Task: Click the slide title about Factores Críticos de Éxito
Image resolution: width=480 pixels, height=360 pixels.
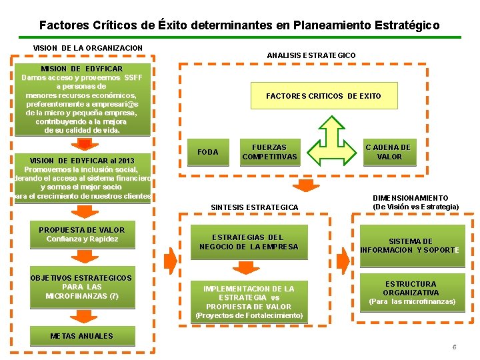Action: pos(239,25)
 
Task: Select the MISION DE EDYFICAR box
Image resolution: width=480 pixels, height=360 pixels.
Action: pos(82,100)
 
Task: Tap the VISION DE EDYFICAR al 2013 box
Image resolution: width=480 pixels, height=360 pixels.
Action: pos(82,179)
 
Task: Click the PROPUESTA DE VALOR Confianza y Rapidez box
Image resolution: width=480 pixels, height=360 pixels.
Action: pos(82,235)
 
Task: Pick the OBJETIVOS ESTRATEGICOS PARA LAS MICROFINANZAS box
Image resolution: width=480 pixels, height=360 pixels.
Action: pos(82,288)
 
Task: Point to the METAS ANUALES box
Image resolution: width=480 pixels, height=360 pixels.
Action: pos(82,336)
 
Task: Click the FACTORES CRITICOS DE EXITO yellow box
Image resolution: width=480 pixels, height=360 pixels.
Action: pos(323,96)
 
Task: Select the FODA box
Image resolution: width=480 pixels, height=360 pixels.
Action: pos(208,153)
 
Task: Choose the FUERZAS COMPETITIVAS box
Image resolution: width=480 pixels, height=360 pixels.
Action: pos(269,152)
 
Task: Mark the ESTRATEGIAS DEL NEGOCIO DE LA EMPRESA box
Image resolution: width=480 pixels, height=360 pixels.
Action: pos(249,242)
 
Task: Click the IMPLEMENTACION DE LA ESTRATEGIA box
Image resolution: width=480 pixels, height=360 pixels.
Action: pos(249,301)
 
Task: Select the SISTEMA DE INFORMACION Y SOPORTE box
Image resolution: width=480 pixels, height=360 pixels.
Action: pos(410,246)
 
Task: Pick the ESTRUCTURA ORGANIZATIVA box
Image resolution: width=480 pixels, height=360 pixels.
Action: pos(411,293)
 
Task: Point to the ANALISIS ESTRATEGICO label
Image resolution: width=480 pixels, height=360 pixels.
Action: pos(311,55)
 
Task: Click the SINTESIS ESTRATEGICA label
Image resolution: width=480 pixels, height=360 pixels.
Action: pos(255,207)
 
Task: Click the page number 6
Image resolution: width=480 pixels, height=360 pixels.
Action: pos(454,347)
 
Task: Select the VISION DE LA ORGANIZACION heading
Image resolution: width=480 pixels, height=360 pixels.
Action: pos(88,48)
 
